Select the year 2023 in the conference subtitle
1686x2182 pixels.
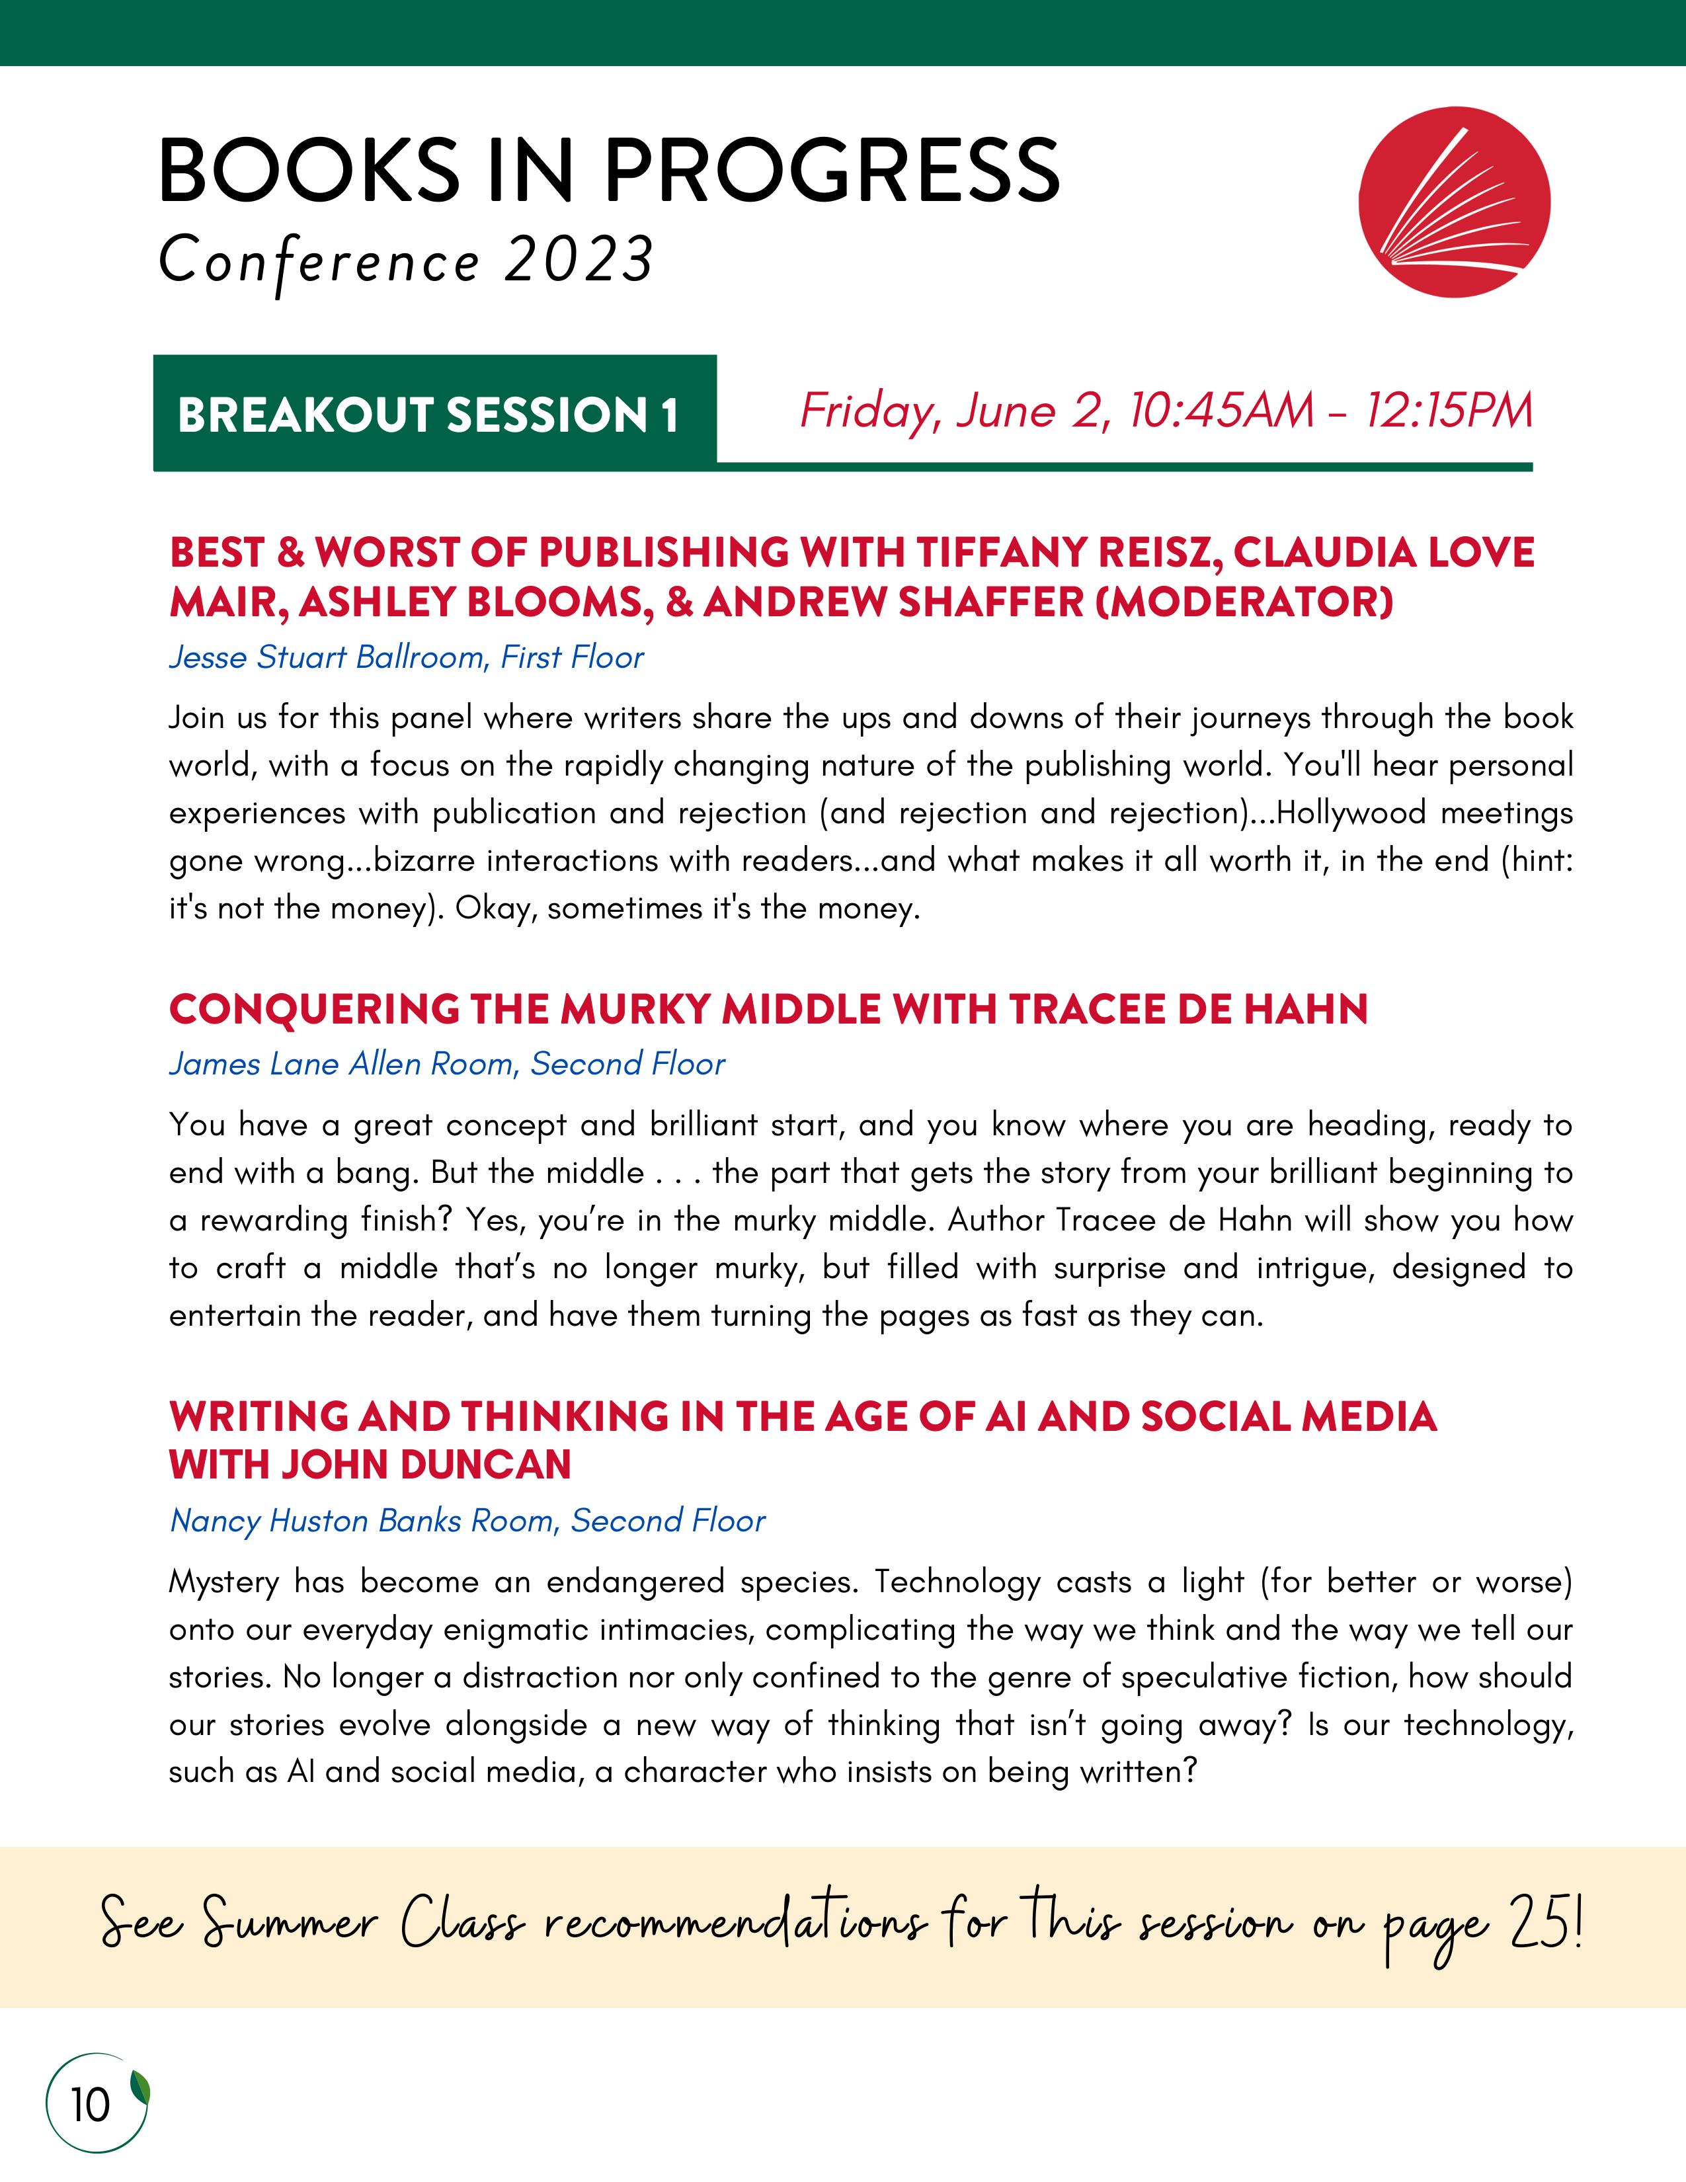579,261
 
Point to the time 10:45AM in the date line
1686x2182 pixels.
1221,411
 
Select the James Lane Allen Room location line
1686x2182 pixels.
446,1064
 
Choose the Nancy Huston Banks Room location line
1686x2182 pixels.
466,1521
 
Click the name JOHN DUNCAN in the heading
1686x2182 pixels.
426,1465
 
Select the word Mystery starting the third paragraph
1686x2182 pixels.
223,1582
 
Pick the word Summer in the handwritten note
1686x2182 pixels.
290,1924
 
